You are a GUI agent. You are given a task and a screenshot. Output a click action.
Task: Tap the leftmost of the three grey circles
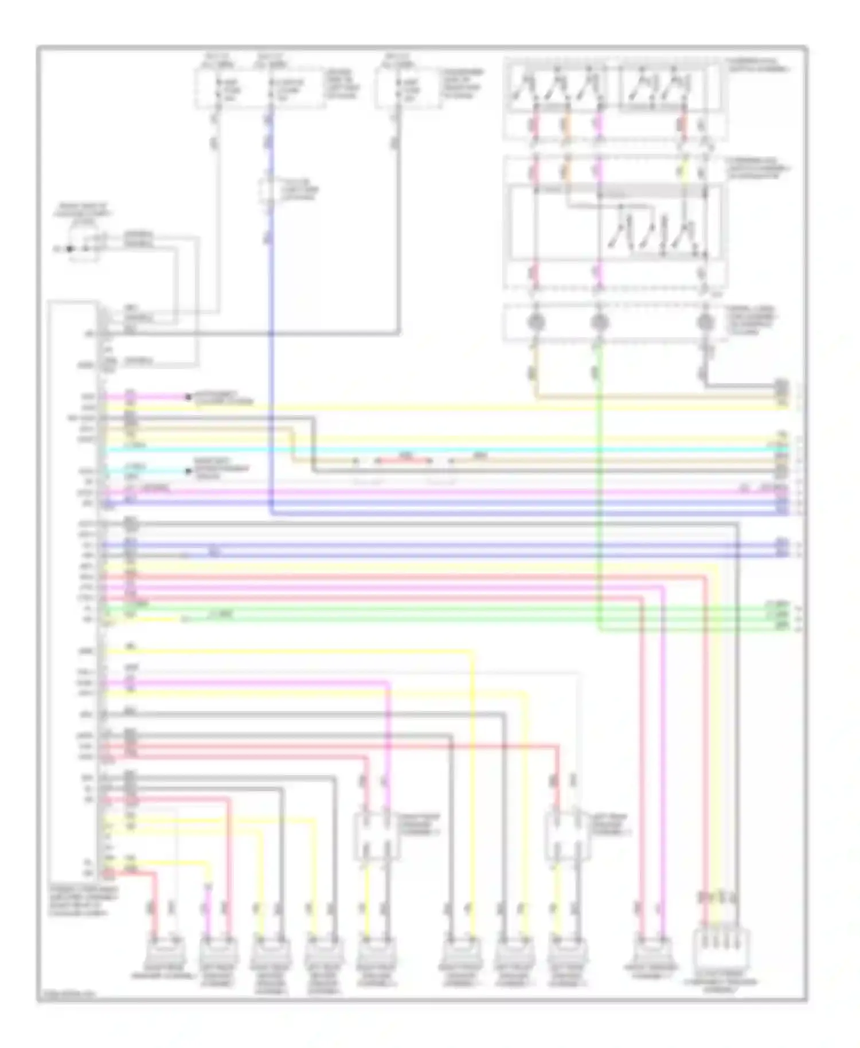click(x=535, y=322)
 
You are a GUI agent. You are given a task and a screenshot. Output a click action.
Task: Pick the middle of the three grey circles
click(x=599, y=322)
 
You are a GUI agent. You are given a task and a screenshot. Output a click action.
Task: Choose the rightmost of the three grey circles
click(x=706, y=322)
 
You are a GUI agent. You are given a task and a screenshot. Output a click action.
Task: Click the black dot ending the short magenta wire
click(x=187, y=397)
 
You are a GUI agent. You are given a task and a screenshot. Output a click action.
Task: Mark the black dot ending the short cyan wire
click(x=187, y=471)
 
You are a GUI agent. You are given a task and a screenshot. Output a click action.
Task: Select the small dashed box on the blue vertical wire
click(x=268, y=191)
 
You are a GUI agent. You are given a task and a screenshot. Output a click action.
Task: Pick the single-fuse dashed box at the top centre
click(x=408, y=89)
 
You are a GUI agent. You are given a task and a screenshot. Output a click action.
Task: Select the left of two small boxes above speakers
click(x=376, y=835)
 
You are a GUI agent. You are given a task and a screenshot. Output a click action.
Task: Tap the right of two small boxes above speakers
click(x=566, y=835)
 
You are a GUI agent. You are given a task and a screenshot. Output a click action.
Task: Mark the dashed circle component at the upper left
click(x=84, y=244)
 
